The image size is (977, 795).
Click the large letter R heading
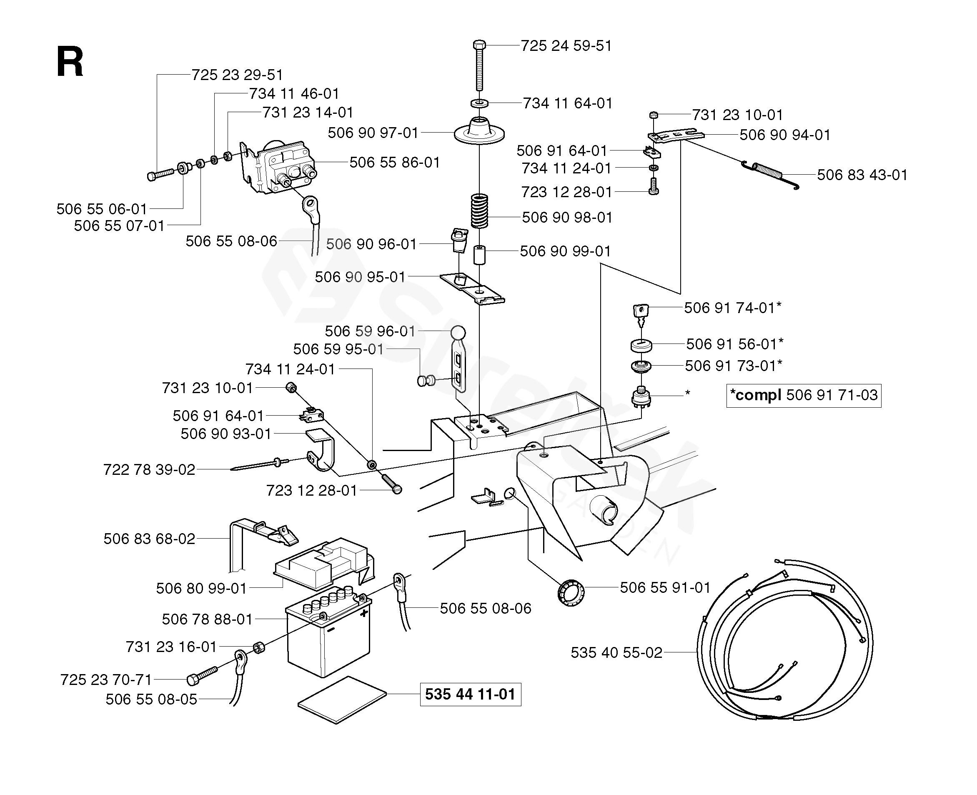pyautogui.click(x=70, y=62)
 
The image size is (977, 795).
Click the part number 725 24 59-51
pyautogui.click(x=566, y=46)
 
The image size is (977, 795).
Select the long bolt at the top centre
pyautogui.click(x=479, y=65)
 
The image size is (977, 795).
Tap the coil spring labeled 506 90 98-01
pyautogui.click(x=479, y=211)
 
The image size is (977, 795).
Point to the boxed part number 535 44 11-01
pyautogui.click(x=470, y=694)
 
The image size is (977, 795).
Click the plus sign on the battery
pyautogui.click(x=364, y=613)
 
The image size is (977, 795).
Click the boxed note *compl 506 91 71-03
pyautogui.click(x=804, y=395)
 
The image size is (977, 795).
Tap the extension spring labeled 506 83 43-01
pyautogui.click(x=771, y=174)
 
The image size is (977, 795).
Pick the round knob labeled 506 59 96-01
pyautogui.click(x=458, y=333)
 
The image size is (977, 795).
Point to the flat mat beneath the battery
pyautogui.click(x=342, y=700)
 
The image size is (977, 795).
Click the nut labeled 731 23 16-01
pyautogui.click(x=259, y=647)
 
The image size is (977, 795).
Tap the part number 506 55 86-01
pyautogui.click(x=395, y=162)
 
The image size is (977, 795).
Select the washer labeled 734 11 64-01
pyautogui.click(x=479, y=103)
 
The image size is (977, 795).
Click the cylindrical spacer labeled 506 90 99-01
pyautogui.click(x=479, y=255)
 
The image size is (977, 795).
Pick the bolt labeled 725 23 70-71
pyautogui.click(x=202, y=675)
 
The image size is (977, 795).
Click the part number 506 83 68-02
pyautogui.click(x=149, y=539)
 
